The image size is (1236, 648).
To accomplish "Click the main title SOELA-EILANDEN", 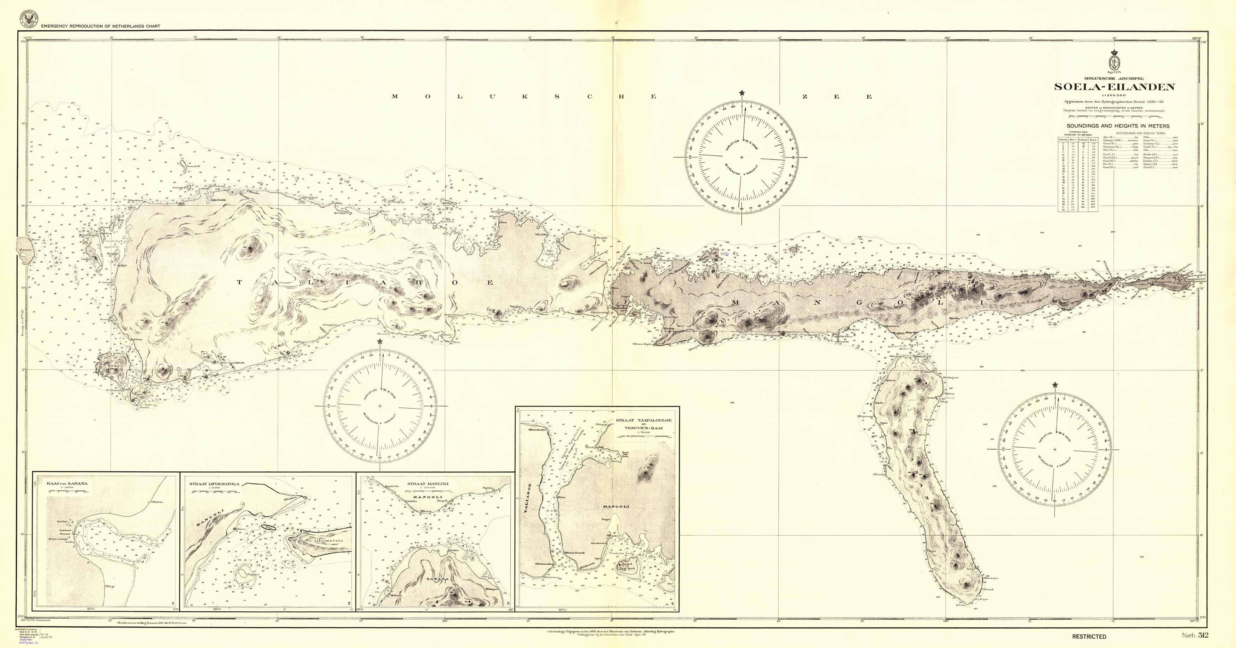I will (x=1114, y=87).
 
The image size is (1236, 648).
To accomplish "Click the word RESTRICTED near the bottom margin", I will (x=1089, y=636).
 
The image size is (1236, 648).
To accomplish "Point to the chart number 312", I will (x=1203, y=636).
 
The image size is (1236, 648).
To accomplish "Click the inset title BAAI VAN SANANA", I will (x=67, y=483).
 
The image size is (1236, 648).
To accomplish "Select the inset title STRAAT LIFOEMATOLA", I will (x=214, y=484).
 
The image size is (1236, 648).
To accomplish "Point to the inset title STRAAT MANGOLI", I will (x=428, y=483).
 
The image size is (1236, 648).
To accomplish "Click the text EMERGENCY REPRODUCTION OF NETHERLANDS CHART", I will (x=100, y=26).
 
